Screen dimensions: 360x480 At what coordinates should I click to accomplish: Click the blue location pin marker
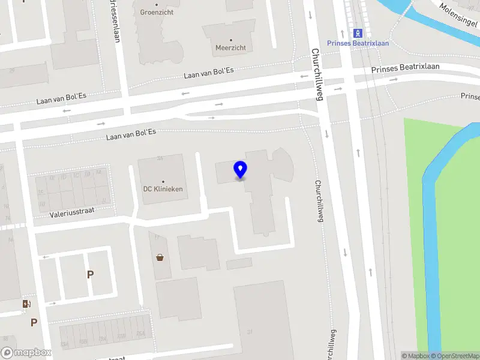pos(240,170)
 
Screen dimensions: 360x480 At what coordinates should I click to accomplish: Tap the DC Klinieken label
pos(163,189)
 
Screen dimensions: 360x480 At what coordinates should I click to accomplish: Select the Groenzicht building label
pos(157,12)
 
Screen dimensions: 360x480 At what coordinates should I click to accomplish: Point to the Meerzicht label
pos(230,47)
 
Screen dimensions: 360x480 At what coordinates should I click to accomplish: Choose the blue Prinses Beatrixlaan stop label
pos(358,43)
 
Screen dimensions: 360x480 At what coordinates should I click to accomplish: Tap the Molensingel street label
pos(458,11)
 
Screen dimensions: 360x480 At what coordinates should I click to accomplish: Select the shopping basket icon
pos(160,258)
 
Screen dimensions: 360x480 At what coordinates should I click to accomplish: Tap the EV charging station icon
pos(26,304)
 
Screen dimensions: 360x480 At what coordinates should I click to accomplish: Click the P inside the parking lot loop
pos(90,275)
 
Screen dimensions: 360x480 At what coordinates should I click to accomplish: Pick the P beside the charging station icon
pos(34,322)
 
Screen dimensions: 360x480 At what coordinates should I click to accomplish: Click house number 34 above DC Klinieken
pos(160,158)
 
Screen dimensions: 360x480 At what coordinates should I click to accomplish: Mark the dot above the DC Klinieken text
pos(163,181)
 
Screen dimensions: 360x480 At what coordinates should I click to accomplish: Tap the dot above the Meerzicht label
pos(230,40)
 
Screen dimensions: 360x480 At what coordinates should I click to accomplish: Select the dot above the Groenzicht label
pos(157,5)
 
